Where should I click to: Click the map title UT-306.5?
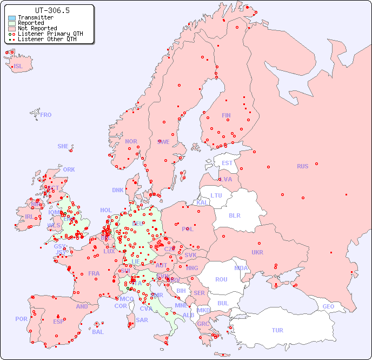click(x=52, y=10)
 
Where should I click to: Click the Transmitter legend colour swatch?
click(x=12, y=18)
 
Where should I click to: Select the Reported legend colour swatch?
click(x=12, y=23)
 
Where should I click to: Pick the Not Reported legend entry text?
click(x=37, y=29)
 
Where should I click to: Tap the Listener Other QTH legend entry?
click(x=50, y=40)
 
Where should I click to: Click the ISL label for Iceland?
click(x=18, y=67)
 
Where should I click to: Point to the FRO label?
click(x=46, y=115)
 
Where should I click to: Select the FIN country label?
click(x=226, y=115)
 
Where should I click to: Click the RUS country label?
click(x=302, y=166)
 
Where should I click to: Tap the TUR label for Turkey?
click(x=277, y=330)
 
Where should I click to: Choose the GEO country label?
click(x=328, y=306)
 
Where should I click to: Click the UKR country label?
click(x=257, y=252)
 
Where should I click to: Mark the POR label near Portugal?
click(x=21, y=319)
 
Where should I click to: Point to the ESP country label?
click(x=58, y=321)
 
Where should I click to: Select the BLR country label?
click(x=235, y=215)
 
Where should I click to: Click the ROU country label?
click(x=221, y=279)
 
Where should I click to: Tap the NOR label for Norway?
click(x=131, y=141)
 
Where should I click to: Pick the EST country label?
click(x=227, y=163)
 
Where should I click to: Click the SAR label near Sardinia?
click(x=142, y=320)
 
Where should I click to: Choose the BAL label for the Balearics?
click(x=98, y=332)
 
